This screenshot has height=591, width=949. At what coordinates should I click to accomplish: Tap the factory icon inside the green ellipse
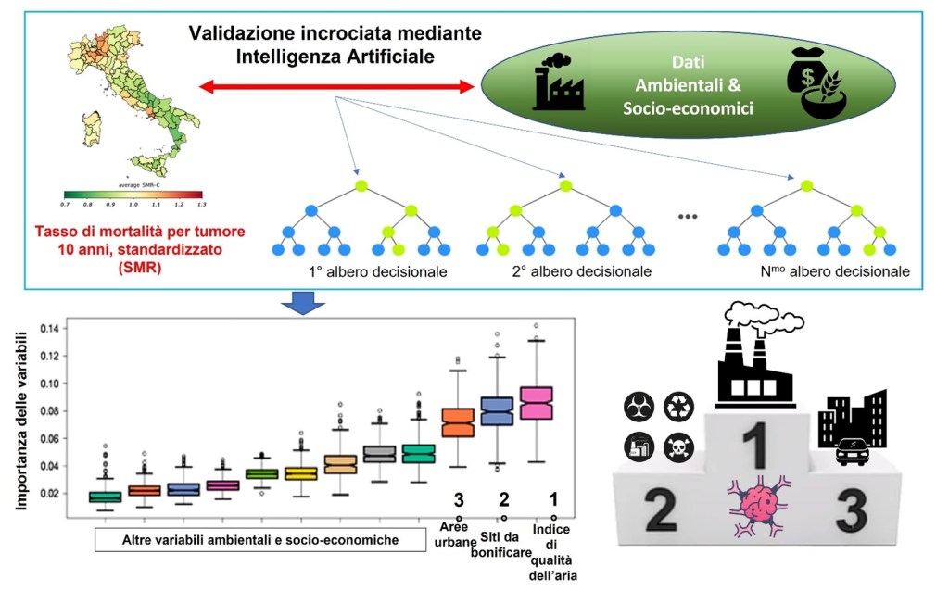pos(559,82)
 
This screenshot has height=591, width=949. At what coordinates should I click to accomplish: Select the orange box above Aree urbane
pos(458,422)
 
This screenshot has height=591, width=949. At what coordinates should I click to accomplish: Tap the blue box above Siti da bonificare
pos(497,411)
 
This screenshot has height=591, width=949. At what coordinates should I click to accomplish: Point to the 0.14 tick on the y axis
pos(49,329)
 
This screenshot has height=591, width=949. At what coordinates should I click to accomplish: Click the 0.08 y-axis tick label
pos(49,411)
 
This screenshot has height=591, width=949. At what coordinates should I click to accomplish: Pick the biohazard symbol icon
pos(640,406)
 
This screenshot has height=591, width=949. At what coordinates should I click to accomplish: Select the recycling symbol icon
pos(678,406)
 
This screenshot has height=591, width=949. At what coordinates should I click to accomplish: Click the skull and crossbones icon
pos(679,448)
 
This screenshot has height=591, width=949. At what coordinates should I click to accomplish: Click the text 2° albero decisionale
pos(580,271)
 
